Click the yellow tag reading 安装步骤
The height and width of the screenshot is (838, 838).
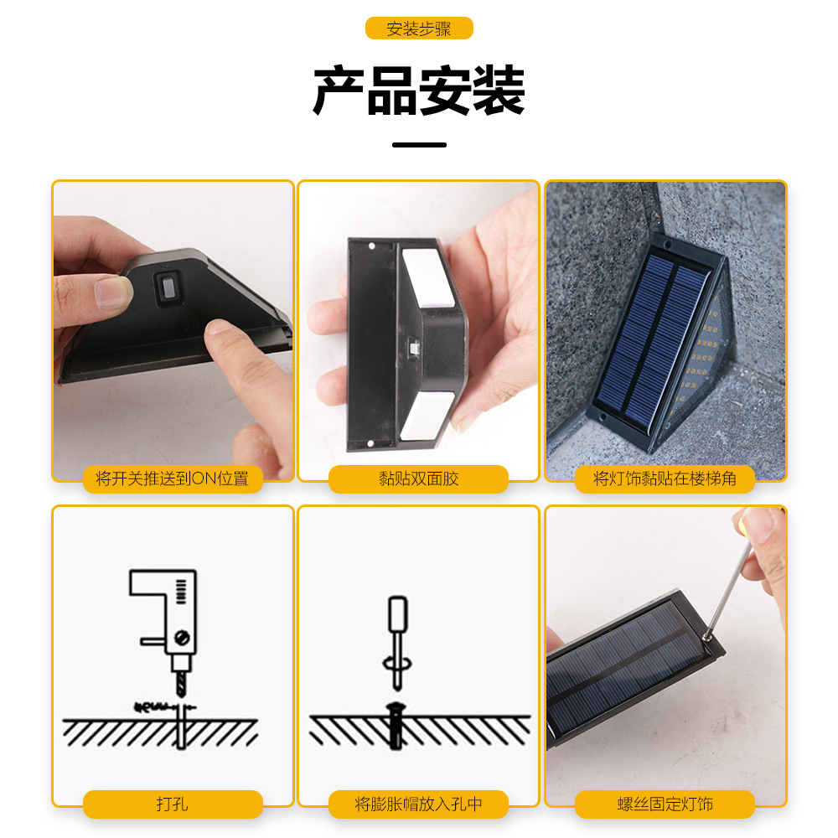(x=419, y=28)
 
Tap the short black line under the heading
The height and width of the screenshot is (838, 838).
(x=419, y=145)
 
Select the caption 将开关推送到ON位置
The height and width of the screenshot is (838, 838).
(x=173, y=478)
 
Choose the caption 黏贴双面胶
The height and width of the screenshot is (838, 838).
(x=418, y=478)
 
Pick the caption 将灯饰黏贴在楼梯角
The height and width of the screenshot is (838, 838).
(x=665, y=478)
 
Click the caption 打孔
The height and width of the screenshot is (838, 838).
(x=173, y=804)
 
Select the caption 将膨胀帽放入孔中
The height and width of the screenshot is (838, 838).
(x=418, y=804)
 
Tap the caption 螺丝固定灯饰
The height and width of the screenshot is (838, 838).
(x=665, y=804)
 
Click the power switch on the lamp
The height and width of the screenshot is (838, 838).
(x=168, y=290)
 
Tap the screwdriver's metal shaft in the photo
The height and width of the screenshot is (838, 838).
(x=722, y=587)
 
